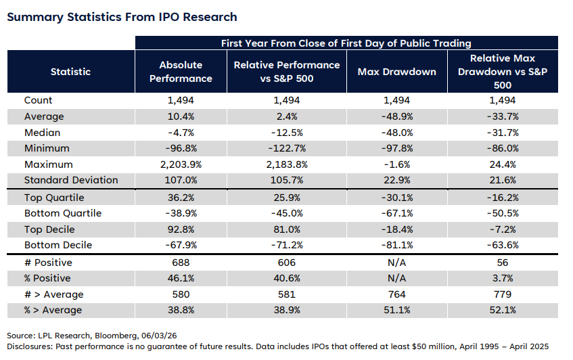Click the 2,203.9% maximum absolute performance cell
(x=181, y=164)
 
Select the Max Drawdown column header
(x=397, y=72)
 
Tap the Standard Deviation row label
(x=71, y=180)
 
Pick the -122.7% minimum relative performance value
(x=287, y=148)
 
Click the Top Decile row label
(x=49, y=229)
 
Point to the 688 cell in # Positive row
(x=181, y=263)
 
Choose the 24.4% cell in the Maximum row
(x=503, y=164)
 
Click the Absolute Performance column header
(x=181, y=72)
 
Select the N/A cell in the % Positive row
(x=397, y=279)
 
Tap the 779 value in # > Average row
(x=503, y=294)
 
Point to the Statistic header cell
(x=70, y=72)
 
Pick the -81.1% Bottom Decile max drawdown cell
(x=397, y=245)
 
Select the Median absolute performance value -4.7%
(x=181, y=133)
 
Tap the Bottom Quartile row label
(x=63, y=213)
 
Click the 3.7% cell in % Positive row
(x=503, y=279)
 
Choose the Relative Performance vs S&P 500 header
(x=287, y=72)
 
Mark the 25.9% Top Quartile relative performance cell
(x=287, y=198)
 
